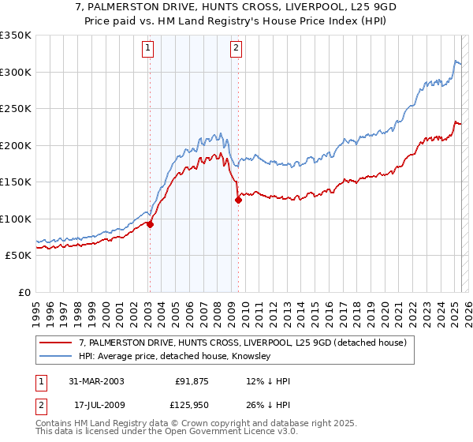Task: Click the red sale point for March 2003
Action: (x=150, y=224)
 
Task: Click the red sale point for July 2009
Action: (x=237, y=200)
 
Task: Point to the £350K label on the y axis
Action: (x=16, y=36)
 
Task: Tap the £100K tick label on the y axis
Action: (x=16, y=219)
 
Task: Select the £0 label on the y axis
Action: (x=24, y=292)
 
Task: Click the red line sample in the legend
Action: (x=56, y=343)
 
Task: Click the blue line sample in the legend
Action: (x=56, y=357)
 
